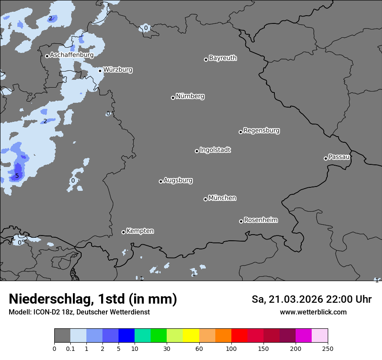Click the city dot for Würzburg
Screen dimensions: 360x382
tap(100, 71)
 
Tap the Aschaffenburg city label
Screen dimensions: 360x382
tap(72, 55)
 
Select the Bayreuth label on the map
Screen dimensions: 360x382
tap(223, 58)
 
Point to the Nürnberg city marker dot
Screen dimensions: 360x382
tap(173, 98)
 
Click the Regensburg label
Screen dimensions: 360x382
tap(261, 130)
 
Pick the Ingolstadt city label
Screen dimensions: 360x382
tap(215, 150)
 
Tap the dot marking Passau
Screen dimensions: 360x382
tap(326, 158)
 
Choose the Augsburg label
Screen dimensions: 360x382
tap(178, 180)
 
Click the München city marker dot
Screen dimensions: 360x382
tap(205, 199)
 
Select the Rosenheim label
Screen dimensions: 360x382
tap(260, 220)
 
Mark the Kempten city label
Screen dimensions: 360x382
tap(140, 231)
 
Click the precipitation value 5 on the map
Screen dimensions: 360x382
tap(17, 176)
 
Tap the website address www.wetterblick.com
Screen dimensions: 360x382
tap(313, 312)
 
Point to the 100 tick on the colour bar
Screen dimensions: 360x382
tap(231, 349)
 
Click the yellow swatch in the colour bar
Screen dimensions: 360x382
tap(191, 336)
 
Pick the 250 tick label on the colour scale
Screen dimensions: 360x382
tap(328, 349)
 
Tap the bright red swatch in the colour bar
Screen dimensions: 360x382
tap(239, 336)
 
